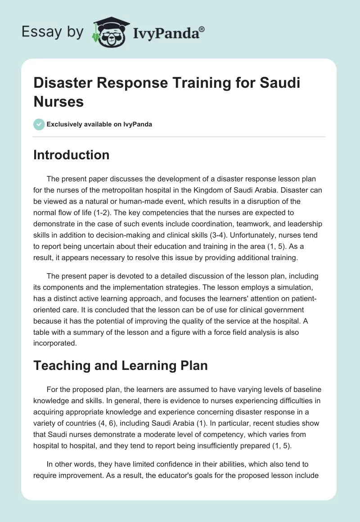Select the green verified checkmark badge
pyautogui.click(x=39, y=124)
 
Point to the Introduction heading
pyautogui.click(x=71, y=155)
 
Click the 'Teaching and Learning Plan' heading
pyautogui.click(x=121, y=365)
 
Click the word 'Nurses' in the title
pyautogui.click(x=58, y=101)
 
